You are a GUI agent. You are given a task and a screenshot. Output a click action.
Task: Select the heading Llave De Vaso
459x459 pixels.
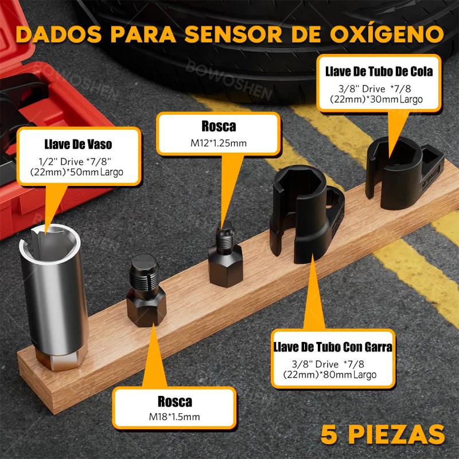78,144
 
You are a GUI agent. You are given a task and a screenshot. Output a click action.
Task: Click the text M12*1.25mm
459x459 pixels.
218,143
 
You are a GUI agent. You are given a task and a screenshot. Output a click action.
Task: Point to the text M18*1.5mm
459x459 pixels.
174,417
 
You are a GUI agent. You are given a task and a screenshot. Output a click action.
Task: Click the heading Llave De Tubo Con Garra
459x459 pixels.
333,347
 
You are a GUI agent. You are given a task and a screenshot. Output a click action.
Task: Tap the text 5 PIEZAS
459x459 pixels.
383,432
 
